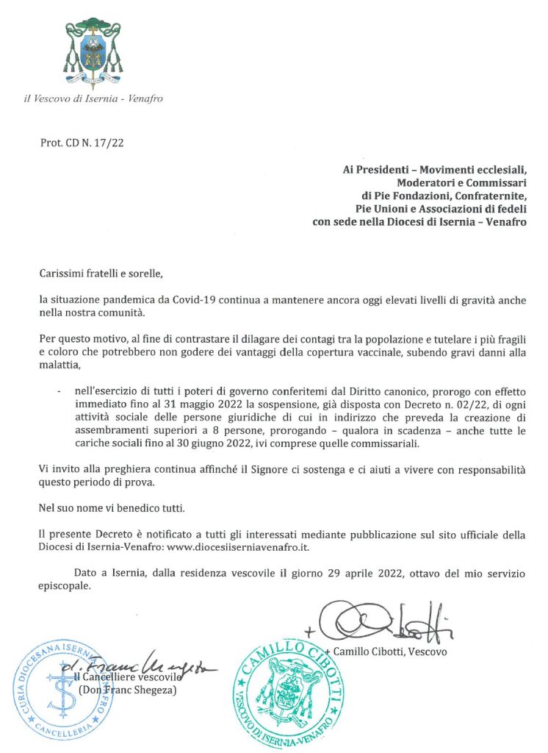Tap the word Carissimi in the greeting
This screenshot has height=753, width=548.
click(x=65, y=274)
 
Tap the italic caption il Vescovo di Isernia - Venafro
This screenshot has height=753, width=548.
click(x=93, y=98)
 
